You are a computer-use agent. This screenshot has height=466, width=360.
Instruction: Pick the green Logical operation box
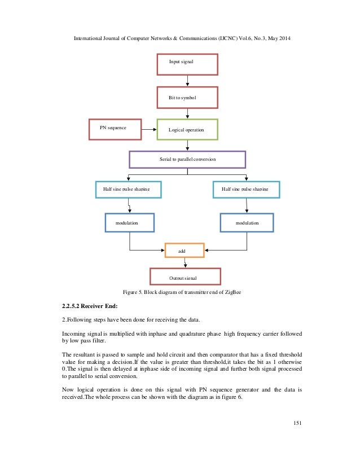(186, 130)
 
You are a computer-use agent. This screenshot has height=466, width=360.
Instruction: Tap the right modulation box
(247, 223)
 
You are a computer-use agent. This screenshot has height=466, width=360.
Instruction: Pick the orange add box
(185, 249)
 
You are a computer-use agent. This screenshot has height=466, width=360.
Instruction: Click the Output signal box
(185, 276)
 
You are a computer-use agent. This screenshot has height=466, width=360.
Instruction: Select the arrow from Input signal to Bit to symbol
(187, 81)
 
